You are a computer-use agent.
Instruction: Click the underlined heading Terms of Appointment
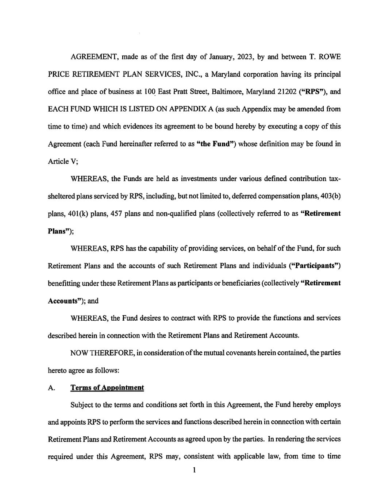click(x=107, y=388)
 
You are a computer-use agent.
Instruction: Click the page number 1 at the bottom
click(x=195, y=471)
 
